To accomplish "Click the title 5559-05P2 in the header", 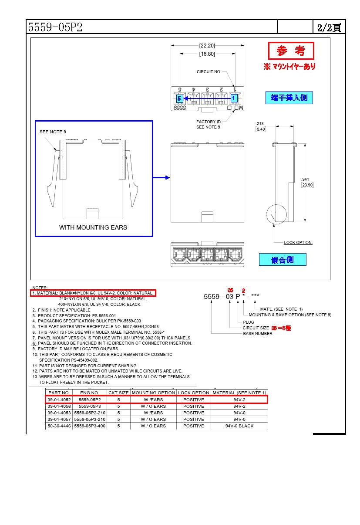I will click(x=55, y=27).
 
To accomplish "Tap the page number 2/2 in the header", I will click(x=329, y=28).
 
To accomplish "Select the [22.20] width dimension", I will click(x=207, y=45).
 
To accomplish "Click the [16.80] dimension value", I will click(x=207, y=54).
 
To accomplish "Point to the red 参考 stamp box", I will click(x=291, y=51).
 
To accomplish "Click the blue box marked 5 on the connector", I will click(x=179, y=98).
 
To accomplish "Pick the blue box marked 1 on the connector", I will click(x=234, y=98).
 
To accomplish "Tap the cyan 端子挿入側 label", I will click(x=289, y=98).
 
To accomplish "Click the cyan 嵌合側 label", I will click(x=283, y=260).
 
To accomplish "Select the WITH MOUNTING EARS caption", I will click(x=93, y=227).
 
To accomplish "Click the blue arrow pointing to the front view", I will click(x=161, y=177).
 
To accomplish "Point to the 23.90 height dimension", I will click(x=307, y=185).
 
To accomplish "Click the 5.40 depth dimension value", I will click(x=261, y=129).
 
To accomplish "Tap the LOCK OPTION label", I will click(x=298, y=243).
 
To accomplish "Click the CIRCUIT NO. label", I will click(x=209, y=72).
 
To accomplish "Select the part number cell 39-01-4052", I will click(x=59, y=400).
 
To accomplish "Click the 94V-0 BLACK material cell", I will click(x=239, y=426).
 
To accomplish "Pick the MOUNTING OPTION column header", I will click(x=153, y=393).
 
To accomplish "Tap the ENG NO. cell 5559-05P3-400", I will click(x=90, y=426).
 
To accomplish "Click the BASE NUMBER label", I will click(x=258, y=334).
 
